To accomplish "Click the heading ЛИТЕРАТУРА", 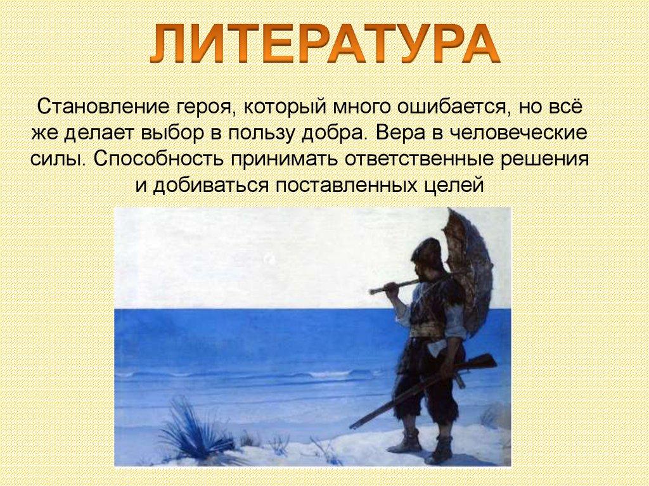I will click(324, 44).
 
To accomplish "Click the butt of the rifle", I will click(483, 362).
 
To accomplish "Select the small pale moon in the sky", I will click(271, 259).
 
